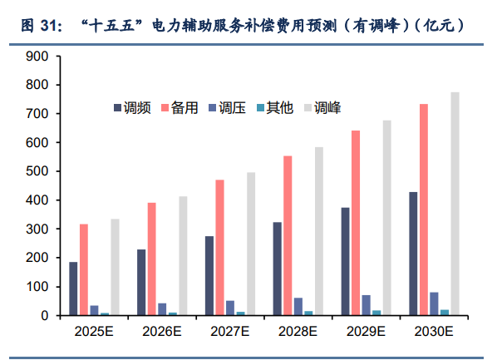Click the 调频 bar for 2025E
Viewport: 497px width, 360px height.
(73, 288)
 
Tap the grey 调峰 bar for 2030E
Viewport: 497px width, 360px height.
(455, 204)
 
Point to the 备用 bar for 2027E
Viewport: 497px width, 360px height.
(219, 248)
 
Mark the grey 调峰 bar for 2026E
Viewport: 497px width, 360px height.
(183, 256)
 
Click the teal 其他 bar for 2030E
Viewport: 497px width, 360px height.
(445, 312)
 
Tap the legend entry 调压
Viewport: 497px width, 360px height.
(231, 108)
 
